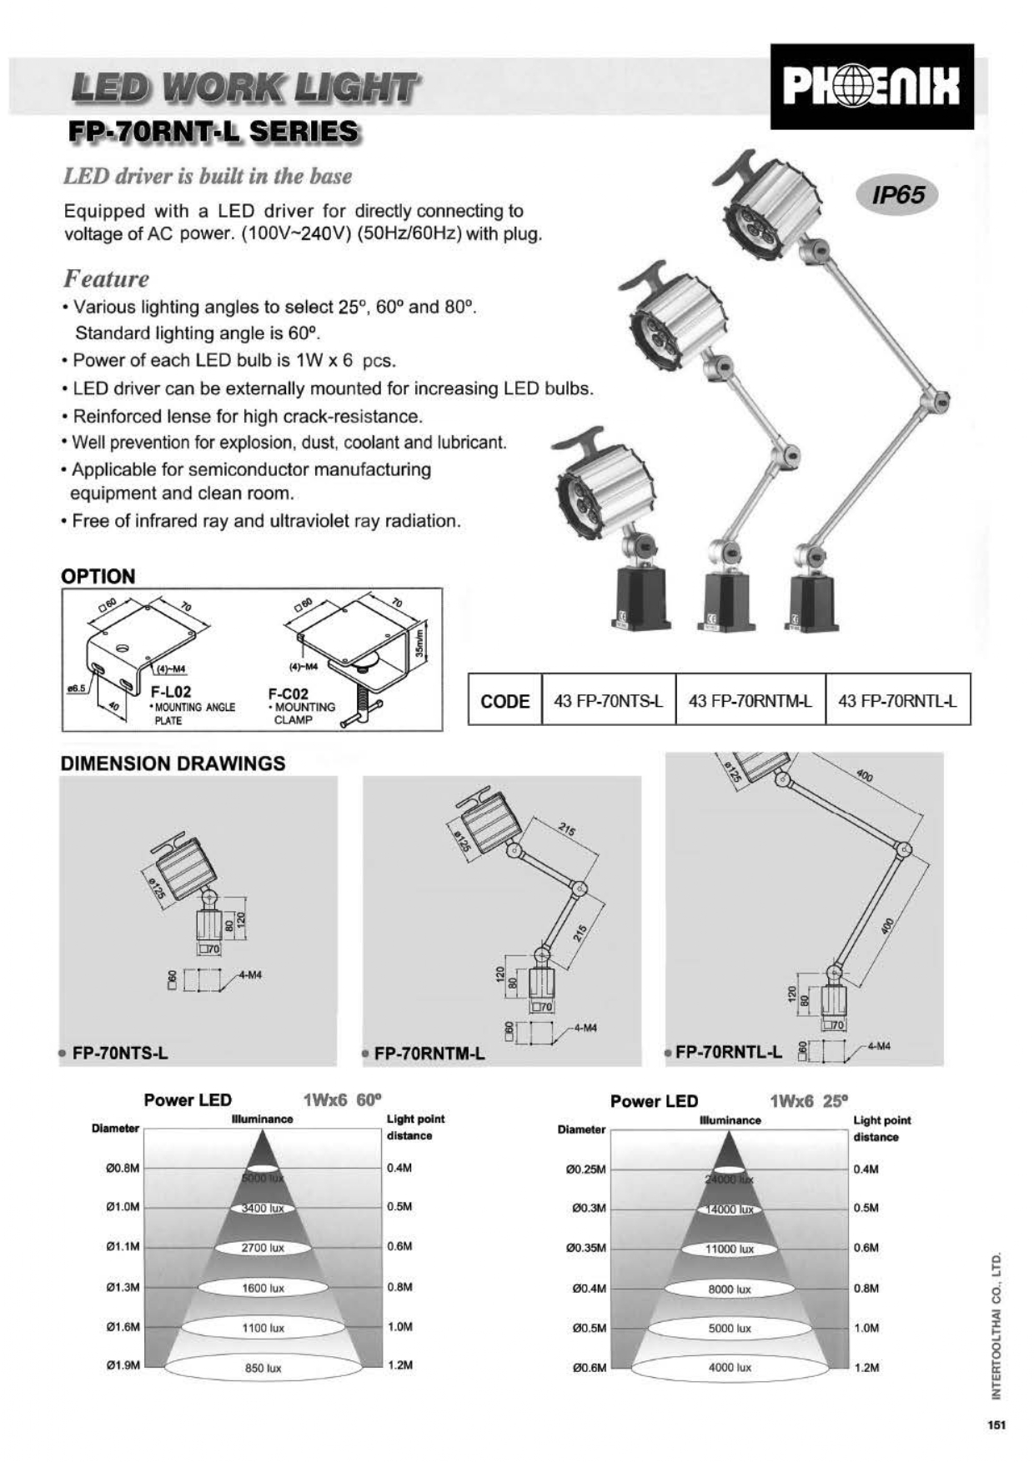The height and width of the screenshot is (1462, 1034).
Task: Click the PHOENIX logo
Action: click(871, 87)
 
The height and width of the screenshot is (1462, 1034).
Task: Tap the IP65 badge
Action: click(898, 195)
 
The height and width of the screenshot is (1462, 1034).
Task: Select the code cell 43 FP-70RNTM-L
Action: click(750, 701)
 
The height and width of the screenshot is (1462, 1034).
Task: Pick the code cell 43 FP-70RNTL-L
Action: click(897, 701)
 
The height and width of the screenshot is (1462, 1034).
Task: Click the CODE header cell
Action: click(504, 701)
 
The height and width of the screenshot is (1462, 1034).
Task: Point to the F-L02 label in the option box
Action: click(171, 692)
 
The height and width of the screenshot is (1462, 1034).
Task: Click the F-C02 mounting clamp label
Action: click(289, 693)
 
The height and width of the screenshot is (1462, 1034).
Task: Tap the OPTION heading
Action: click(98, 577)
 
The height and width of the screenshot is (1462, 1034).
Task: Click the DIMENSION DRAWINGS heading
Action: click(173, 764)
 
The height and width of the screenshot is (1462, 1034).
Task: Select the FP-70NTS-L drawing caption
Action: click(120, 1053)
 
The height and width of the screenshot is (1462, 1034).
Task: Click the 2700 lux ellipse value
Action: click(263, 1248)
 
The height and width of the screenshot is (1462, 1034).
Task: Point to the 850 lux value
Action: click(263, 1368)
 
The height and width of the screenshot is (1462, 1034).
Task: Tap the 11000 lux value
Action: click(730, 1249)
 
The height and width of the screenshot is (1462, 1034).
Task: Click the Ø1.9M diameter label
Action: click(123, 1365)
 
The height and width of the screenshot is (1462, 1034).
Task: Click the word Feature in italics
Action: click(106, 278)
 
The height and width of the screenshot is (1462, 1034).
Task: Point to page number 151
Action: click(996, 1424)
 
